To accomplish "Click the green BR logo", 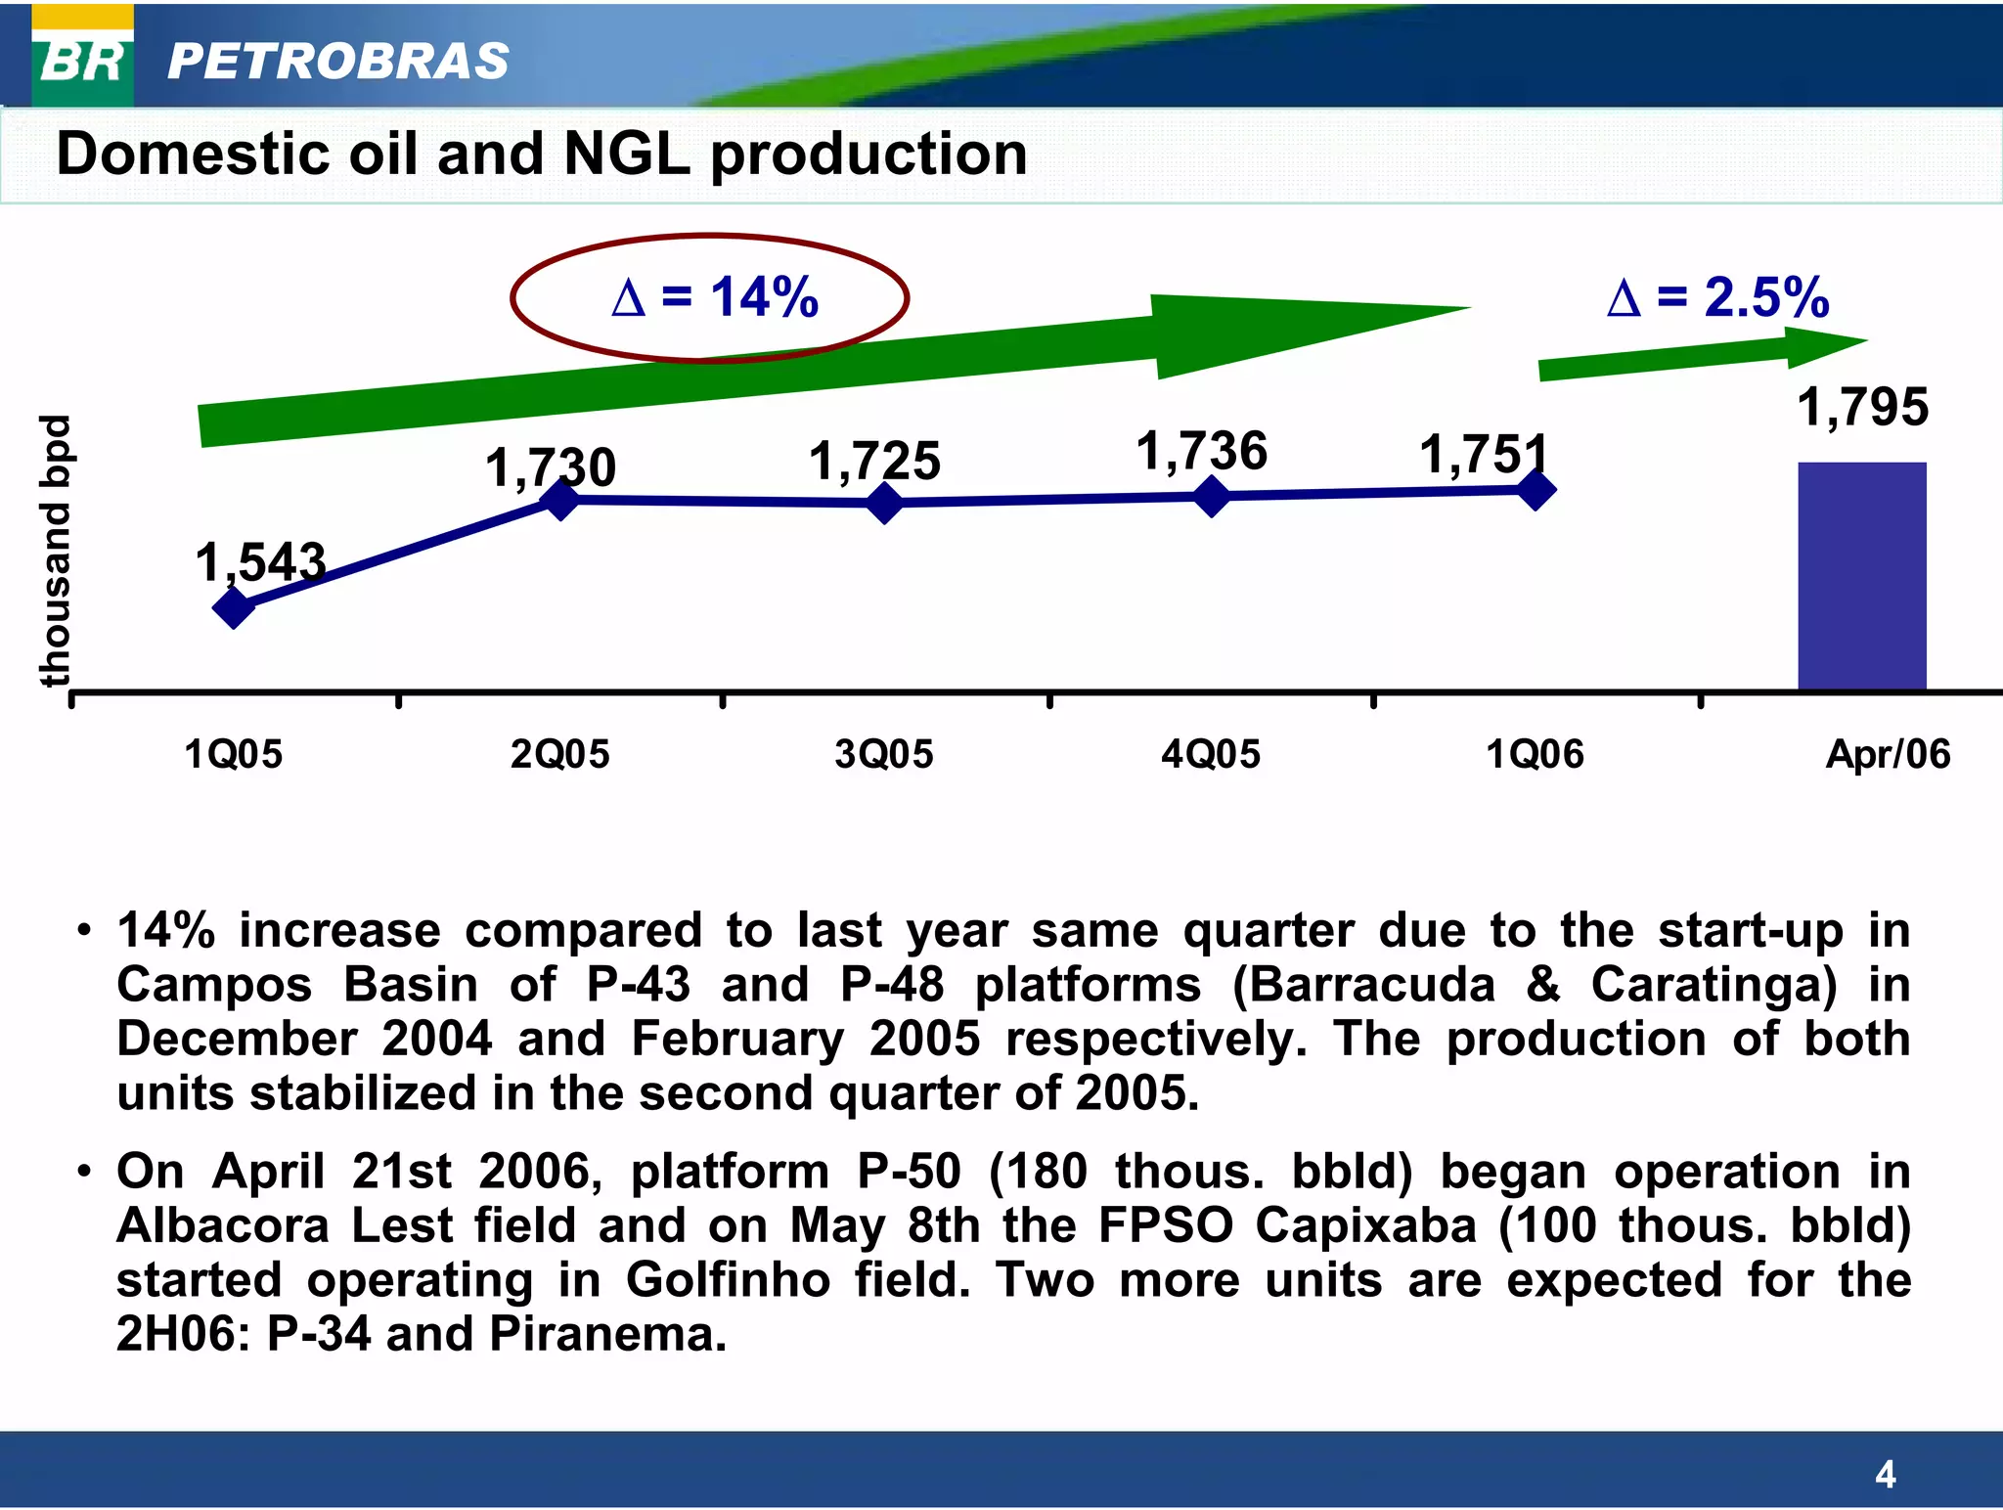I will [x=83, y=61].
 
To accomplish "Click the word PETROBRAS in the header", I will [x=338, y=61].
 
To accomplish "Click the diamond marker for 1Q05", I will [x=234, y=607].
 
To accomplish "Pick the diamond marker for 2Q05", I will [x=561, y=500].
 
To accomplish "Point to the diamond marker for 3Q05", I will [x=885, y=503].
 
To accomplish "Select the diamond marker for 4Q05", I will [x=1212, y=496].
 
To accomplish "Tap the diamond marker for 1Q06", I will [x=1536, y=490].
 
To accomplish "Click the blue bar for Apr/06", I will [x=1862, y=576].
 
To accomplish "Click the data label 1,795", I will [x=1863, y=407].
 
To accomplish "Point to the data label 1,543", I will [x=260, y=562].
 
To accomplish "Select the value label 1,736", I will [x=1201, y=452].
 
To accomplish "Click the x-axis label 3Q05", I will [x=884, y=754].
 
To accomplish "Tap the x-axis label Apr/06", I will [x=1888, y=754].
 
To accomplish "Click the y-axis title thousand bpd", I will [x=56, y=551].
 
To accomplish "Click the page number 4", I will [x=1886, y=1474].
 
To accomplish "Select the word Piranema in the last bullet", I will [x=606, y=1334].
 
